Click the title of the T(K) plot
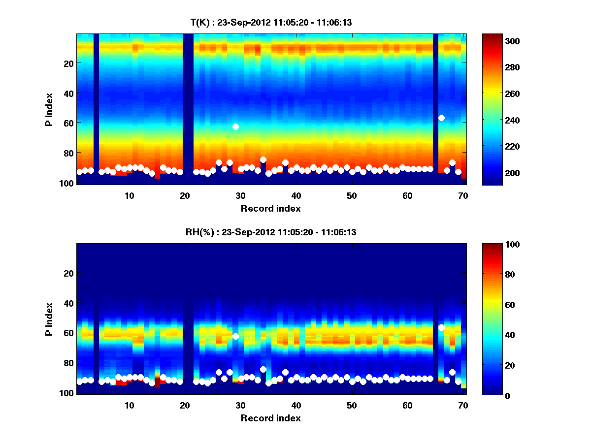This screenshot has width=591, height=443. pos(271,23)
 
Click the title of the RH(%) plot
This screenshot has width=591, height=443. pos(271,232)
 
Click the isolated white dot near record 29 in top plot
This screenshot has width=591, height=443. pos(235,127)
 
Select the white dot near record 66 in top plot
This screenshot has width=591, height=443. pos(442,118)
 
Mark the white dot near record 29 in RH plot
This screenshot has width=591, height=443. pos(235,336)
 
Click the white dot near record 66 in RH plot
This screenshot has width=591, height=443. pos(442,327)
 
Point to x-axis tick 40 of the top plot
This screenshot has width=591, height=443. pos(296,195)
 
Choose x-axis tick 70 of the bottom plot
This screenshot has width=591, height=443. pos(463,405)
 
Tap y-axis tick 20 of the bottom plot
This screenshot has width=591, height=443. pos(68,273)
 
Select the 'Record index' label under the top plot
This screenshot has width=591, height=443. pos(271,208)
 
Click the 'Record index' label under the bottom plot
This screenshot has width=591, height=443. pos(271,418)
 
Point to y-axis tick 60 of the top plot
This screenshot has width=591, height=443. pos(68,123)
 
